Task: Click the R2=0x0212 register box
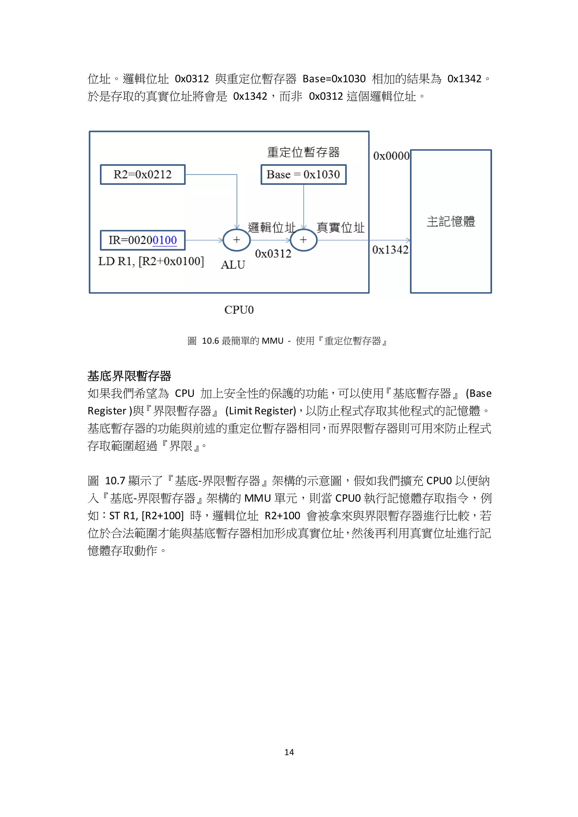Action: (143, 174)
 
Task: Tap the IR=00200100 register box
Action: (143, 240)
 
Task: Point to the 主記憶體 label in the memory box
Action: (451, 221)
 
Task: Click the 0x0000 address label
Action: (391, 156)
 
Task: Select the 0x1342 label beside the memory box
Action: (390, 250)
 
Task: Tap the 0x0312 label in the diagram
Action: (273, 254)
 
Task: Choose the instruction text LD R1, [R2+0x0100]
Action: (151, 262)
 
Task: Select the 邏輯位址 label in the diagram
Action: (271, 227)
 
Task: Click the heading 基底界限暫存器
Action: (129, 376)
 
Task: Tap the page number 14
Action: (289, 752)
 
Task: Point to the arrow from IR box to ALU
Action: (204, 240)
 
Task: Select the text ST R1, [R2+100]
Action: (146, 516)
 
